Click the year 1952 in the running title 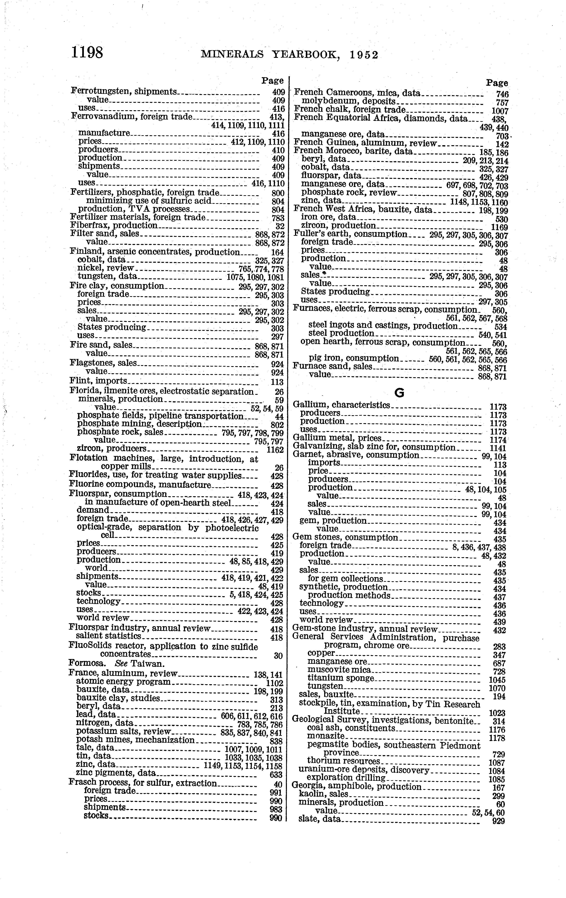(x=364, y=55)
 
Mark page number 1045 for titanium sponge (x=497, y=680)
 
